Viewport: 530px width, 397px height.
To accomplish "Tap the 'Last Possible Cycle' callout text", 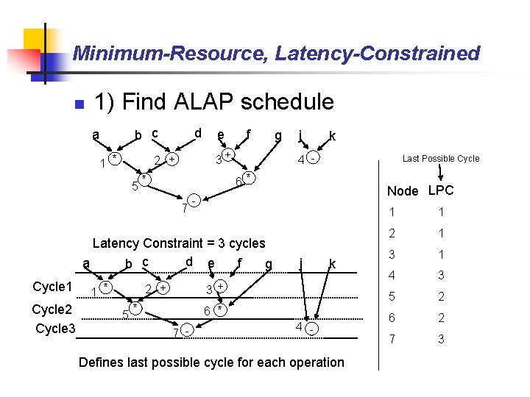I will (440, 159).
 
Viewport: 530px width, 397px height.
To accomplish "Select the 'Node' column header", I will (402, 191).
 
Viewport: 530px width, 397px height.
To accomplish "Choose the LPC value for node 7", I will (440, 339).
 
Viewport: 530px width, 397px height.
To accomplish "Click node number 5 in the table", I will (392, 296).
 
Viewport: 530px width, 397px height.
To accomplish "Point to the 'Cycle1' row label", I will (53, 287).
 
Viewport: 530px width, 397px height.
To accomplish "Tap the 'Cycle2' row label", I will (53, 309).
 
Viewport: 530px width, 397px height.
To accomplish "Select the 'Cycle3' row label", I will (55, 328).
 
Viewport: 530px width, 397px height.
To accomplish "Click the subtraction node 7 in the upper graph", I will (193, 200).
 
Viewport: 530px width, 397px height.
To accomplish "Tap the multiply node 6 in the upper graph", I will (250, 178).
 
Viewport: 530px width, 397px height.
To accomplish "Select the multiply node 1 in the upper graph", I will (114, 159).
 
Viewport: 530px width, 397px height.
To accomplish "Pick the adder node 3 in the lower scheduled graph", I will (219, 285).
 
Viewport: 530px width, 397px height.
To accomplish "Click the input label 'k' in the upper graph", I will (333, 136).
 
